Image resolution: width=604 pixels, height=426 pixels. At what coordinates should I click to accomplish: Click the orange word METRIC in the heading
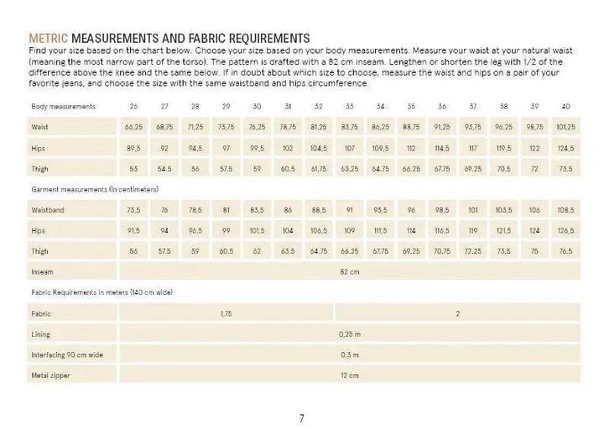pyautogui.click(x=49, y=39)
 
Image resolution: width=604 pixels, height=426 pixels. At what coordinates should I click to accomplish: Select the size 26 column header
pyautogui.click(x=133, y=107)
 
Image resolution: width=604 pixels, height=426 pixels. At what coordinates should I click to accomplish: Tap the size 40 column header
pyautogui.click(x=565, y=107)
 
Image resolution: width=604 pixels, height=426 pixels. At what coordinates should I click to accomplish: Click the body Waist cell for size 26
pyautogui.click(x=133, y=127)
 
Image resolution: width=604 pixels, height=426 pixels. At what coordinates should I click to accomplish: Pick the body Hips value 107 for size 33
pyautogui.click(x=349, y=148)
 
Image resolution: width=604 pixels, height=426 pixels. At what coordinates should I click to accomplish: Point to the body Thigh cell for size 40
pyautogui.click(x=565, y=169)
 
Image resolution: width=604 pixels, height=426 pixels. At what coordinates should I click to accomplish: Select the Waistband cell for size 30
pyautogui.click(x=257, y=209)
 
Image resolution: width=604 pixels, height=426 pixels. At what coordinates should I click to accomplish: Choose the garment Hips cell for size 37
pyautogui.click(x=472, y=229)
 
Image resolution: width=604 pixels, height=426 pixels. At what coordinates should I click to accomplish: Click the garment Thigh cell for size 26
pyautogui.click(x=133, y=250)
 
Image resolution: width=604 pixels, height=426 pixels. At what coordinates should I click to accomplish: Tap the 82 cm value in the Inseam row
pyautogui.click(x=349, y=271)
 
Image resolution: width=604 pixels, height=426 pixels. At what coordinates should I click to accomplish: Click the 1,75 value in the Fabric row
pyautogui.click(x=226, y=313)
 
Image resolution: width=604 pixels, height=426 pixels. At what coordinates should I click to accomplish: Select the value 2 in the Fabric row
pyautogui.click(x=457, y=313)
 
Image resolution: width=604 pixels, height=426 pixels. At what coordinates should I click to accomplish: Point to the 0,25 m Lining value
pyautogui.click(x=349, y=334)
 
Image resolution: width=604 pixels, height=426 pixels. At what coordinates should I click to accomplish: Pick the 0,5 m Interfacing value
pyautogui.click(x=349, y=355)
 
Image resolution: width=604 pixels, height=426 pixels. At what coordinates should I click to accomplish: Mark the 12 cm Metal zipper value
pyautogui.click(x=349, y=375)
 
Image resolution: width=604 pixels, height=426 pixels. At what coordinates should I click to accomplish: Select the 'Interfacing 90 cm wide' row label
pyautogui.click(x=67, y=355)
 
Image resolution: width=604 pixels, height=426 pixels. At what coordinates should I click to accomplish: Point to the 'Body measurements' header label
pyautogui.click(x=63, y=107)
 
